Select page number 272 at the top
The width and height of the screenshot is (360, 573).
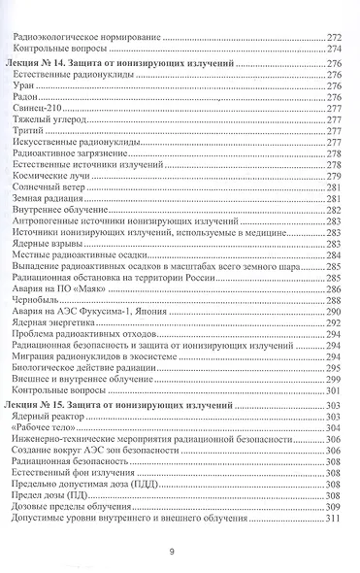click(x=336, y=36)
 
